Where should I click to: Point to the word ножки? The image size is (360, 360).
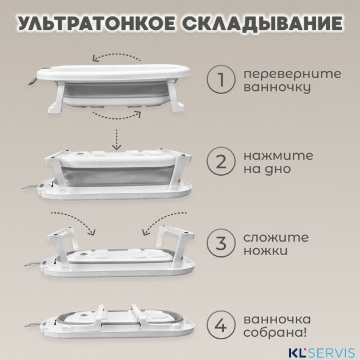[x=266, y=251]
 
